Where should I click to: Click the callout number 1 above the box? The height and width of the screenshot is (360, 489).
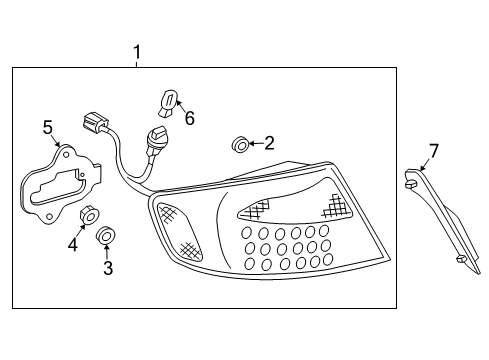click(137, 52)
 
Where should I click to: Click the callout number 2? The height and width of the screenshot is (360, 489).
click(269, 145)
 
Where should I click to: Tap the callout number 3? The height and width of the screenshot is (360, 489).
click(108, 268)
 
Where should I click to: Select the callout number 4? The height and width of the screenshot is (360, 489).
click(72, 243)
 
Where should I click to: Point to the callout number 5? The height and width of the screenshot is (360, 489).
click(47, 126)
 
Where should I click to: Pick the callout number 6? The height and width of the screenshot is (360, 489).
click(189, 119)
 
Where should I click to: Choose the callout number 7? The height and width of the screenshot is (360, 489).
click(433, 152)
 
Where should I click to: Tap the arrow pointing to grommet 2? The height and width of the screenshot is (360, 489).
click(254, 145)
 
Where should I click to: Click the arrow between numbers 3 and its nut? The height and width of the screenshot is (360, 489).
click(107, 253)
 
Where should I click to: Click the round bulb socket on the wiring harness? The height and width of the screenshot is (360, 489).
click(158, 137)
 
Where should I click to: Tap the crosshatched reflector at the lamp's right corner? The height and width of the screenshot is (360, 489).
click(338, 209)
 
